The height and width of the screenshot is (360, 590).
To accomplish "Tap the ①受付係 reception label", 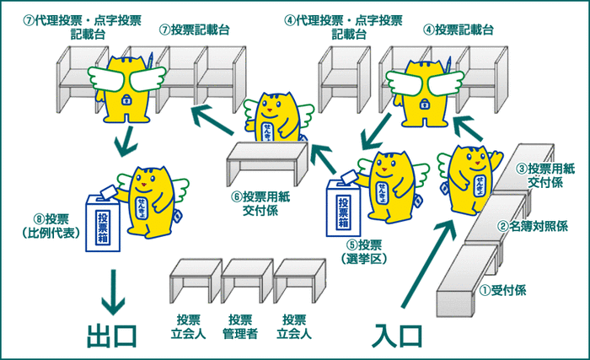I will tap(503, 290).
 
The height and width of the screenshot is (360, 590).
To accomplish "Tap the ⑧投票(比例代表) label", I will tap(41, 225).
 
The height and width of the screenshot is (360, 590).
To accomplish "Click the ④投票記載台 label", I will tap(459, 30).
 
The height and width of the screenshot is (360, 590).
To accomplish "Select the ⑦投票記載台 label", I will tap(194, 30).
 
